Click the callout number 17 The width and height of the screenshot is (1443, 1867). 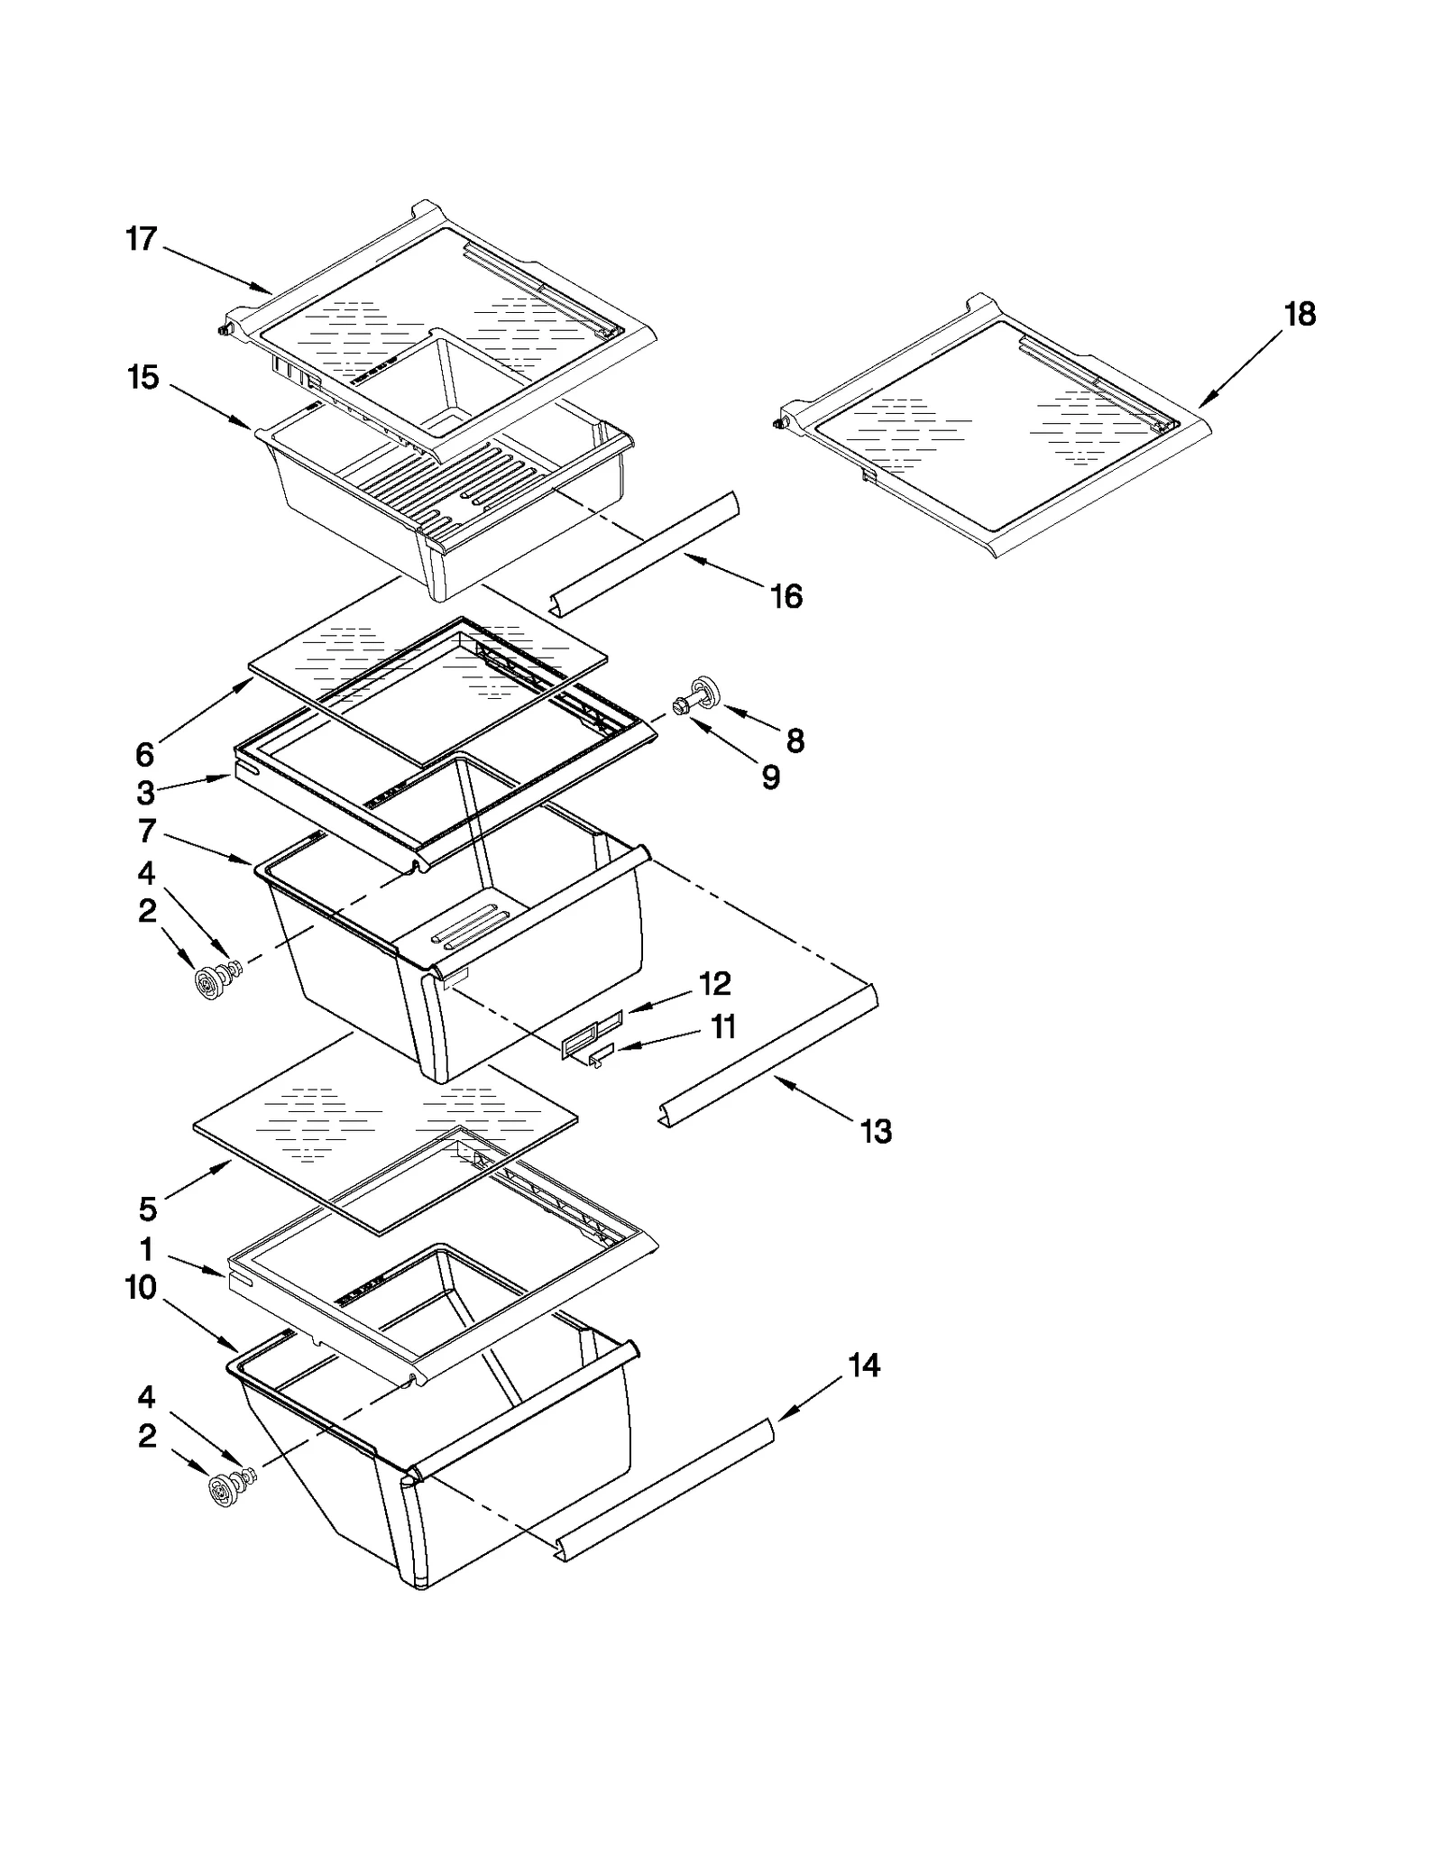[x=141, y=240]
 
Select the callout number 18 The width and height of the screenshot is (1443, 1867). [x=1300, y=315]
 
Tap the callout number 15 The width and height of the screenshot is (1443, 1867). [x=142, y=378]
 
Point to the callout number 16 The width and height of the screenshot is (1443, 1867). [x=786, y=596]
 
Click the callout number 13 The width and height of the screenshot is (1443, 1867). [x=876, y=1131]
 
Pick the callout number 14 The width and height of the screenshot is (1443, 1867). [x=863, y=1366]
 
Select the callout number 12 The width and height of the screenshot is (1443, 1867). [x=715, y=983]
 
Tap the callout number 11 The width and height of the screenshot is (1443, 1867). [x=724, y=1026]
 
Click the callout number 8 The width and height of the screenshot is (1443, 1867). [x=795, y=741]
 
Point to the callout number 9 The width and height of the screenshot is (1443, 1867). [x=770, y=777]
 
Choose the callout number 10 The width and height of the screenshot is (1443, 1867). [x=141, y=1288]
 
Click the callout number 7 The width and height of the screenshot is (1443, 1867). [x=147, y=830]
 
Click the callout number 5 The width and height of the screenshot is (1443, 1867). [x=148, y=1209]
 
